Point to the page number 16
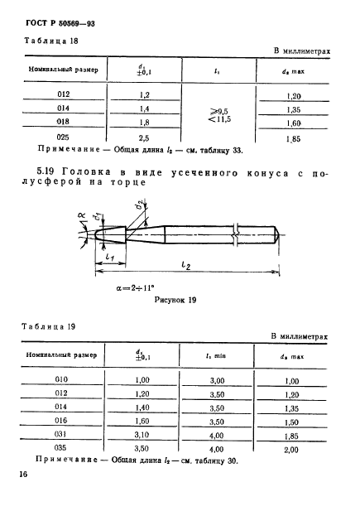(x=22, y=475)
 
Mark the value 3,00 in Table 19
(x=217, y=381)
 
